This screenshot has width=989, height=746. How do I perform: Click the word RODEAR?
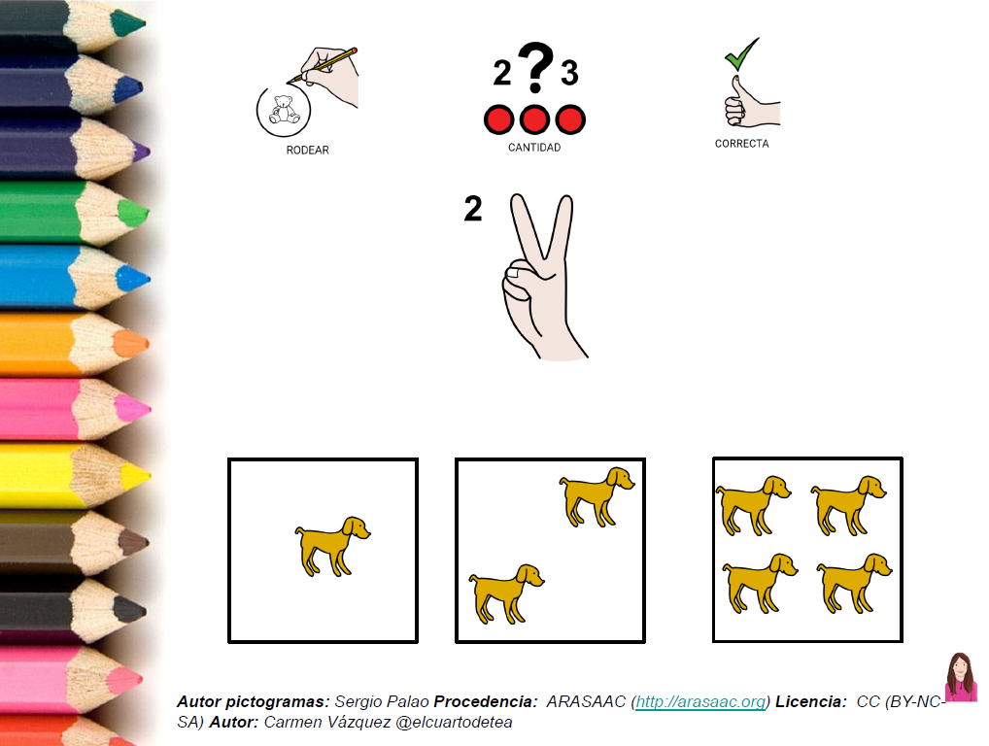(x=307, y=151)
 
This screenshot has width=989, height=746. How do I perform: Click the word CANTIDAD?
(x=534, y=148)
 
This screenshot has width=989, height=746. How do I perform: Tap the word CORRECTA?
(x=742, y=144)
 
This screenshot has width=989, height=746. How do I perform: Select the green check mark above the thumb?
(x=741, y=54)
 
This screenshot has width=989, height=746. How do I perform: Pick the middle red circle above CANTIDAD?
(x=535, y=119)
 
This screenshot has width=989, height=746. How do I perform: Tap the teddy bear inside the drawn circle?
(x=284, y=110)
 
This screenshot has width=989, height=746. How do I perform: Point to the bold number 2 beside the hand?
(x=473, y=209)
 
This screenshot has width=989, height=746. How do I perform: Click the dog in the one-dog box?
(x=332, y=546)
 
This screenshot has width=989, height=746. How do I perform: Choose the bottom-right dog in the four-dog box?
(x=854, y=584)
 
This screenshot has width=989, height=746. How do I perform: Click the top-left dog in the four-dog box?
(x=753, y=506)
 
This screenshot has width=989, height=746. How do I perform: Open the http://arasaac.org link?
(x=700, y=702)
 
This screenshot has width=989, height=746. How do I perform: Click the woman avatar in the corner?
(x=961, y=677)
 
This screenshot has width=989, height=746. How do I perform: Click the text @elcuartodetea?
(x=454, y=722)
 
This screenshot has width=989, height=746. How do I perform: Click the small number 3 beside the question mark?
(x=569, y=73)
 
